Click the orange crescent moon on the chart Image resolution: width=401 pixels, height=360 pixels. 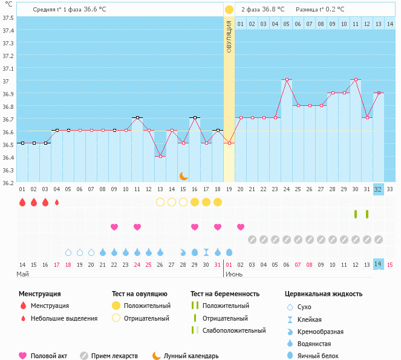tap(184, 176)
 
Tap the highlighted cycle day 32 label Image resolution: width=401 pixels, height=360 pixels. tap(378, 189)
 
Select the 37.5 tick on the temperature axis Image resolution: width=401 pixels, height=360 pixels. tap(8, 18)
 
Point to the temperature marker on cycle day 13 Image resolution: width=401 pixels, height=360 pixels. tap(160, 156)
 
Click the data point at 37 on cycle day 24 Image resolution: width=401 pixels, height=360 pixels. tap(287, 80)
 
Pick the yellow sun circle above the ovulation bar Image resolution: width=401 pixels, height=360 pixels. tap(229, 10)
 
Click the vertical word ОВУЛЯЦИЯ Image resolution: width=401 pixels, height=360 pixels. tap(229, 36)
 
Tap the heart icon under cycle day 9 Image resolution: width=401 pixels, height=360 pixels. tap(114, 227)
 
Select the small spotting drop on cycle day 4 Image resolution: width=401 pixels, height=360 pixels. tap(57, 203)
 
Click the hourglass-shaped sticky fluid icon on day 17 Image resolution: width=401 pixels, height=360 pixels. tap(206, 252)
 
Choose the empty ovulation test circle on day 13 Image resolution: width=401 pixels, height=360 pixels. tap(160, 202)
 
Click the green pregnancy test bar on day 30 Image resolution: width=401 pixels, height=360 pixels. tap(356, 214)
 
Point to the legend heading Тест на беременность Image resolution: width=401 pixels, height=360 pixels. tap(225, 293)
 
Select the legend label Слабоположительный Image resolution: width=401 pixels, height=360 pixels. tap(234, 330)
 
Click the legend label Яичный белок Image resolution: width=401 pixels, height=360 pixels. tap(318, 356)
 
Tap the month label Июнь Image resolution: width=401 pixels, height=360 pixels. tap(234, 274)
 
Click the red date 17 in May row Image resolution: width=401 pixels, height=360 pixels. tap(57, 265)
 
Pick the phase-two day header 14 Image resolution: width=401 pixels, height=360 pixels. tap(390, 24)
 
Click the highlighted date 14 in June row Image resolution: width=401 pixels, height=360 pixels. tap(378, 264)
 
